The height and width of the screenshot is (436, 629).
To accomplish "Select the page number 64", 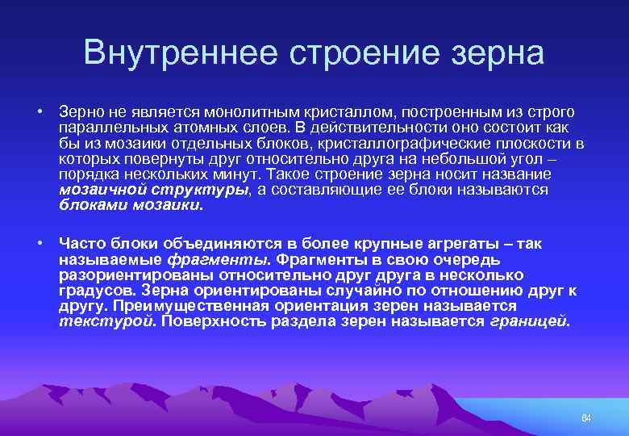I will pyautogui.click(x=586, y=418).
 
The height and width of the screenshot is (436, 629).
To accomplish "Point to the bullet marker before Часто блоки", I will pyautogui.click(x=38, y=244).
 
